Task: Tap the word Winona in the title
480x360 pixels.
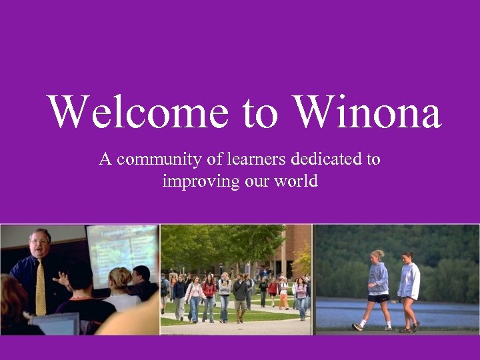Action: [367, 111]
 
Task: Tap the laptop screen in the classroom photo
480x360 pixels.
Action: [57, 325]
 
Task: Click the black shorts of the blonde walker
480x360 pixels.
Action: [378, 299]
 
